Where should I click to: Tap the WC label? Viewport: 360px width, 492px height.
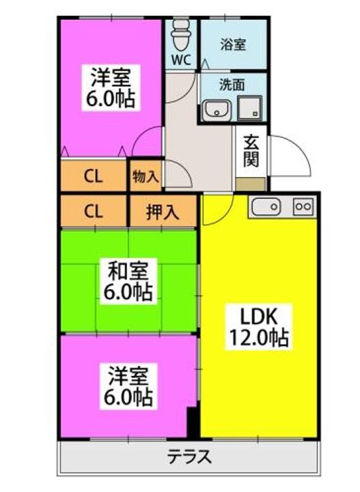point(182,59)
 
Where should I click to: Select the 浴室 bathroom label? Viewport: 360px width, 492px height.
point(233,44)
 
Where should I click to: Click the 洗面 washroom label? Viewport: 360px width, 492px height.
point(232,85)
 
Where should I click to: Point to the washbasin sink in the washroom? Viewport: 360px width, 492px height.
point(216,110)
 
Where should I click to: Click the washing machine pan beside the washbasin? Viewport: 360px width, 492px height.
point(249,108)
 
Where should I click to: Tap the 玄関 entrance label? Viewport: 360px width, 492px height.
point(251,152)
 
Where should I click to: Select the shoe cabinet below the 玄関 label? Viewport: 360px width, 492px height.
point(251,184)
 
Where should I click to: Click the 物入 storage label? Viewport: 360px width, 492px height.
point(146,177)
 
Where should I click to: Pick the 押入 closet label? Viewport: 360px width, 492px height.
point(163,212)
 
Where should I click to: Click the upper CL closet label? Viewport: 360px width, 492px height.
point(93,177)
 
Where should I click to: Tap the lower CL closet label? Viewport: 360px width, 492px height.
point(93,211)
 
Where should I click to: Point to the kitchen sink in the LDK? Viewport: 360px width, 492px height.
point(266,207)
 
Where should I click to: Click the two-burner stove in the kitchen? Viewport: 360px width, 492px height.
point(303,207)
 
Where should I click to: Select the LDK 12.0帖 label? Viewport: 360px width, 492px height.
point(259,327)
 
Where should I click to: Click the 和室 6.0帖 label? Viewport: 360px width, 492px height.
point(128,281)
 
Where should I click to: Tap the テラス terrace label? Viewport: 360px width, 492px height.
point(189,456)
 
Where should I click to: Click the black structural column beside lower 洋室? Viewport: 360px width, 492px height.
point(193,422)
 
